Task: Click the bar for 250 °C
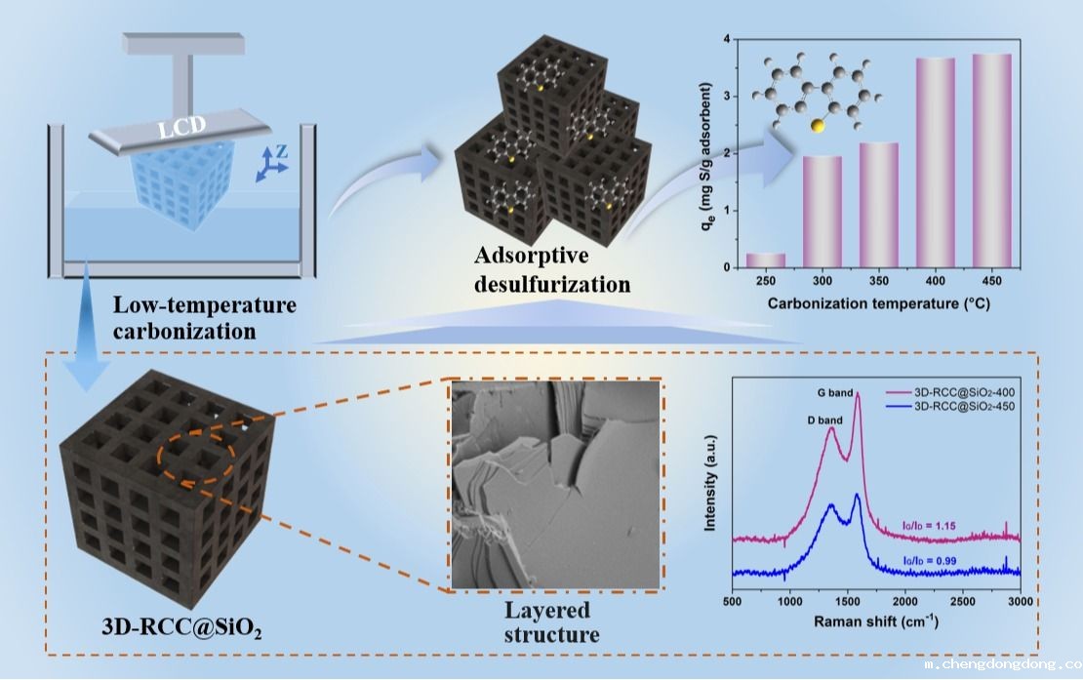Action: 766,260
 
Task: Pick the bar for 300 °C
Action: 822,211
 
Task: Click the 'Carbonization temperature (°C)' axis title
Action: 878,302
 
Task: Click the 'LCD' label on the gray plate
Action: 183,129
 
